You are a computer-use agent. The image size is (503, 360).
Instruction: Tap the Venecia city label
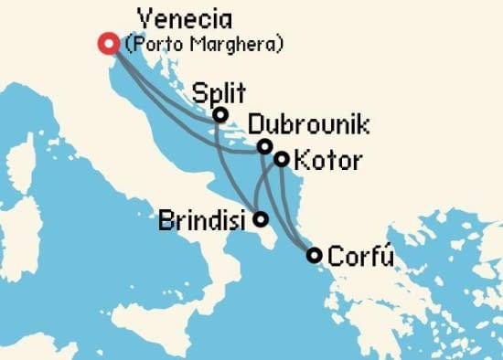coord(184,18)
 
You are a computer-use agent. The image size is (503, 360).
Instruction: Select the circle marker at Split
coord(220,114)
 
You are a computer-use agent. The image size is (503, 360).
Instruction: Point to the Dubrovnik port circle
coord(264,146)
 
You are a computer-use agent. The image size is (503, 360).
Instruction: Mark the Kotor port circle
coord(282,159)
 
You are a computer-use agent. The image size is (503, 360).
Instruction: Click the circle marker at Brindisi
coord(261,219)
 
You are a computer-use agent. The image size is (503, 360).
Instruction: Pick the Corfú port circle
coord(314,255)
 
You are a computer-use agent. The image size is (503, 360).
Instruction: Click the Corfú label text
coord(361,255)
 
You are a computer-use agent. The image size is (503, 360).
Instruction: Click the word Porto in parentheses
coord(164,43)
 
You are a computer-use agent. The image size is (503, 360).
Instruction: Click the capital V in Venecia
coord(144,18)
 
